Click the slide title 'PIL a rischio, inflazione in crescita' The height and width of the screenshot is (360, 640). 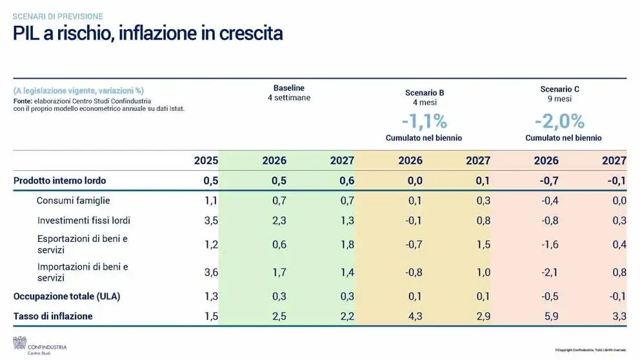coord(148,34)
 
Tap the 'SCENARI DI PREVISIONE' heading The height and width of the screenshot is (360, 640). coord(57,16)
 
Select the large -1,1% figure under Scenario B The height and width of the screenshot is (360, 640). coord(424,121)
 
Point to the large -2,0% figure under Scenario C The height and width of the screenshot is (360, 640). coord(559,121)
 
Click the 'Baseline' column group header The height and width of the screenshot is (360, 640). coord(289,88)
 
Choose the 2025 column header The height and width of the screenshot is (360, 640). coord(206,161)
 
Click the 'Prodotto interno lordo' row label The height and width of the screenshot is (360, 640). coord(59,181)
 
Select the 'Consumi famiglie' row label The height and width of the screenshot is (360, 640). coord(73,201)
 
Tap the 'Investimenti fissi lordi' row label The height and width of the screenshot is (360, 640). coord(84,220)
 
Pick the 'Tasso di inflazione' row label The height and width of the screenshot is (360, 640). coord(53,316)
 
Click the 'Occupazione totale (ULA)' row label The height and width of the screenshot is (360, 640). coord(67,297)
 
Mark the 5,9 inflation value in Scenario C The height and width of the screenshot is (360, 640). coord(551,316)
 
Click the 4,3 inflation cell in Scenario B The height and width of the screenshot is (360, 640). coord(415,316)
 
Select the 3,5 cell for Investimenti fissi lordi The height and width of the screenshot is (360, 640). coord(211,221)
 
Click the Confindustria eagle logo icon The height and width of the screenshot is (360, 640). coord(19,343)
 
